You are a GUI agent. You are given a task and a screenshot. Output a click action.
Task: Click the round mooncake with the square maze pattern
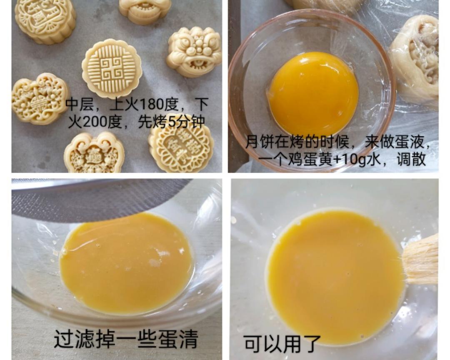click(x=112, y=69)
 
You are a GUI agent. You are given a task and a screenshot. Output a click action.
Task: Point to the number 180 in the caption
click(x=148, y=104)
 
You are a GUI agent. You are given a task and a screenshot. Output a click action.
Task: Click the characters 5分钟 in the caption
click(x=187, y=122)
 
